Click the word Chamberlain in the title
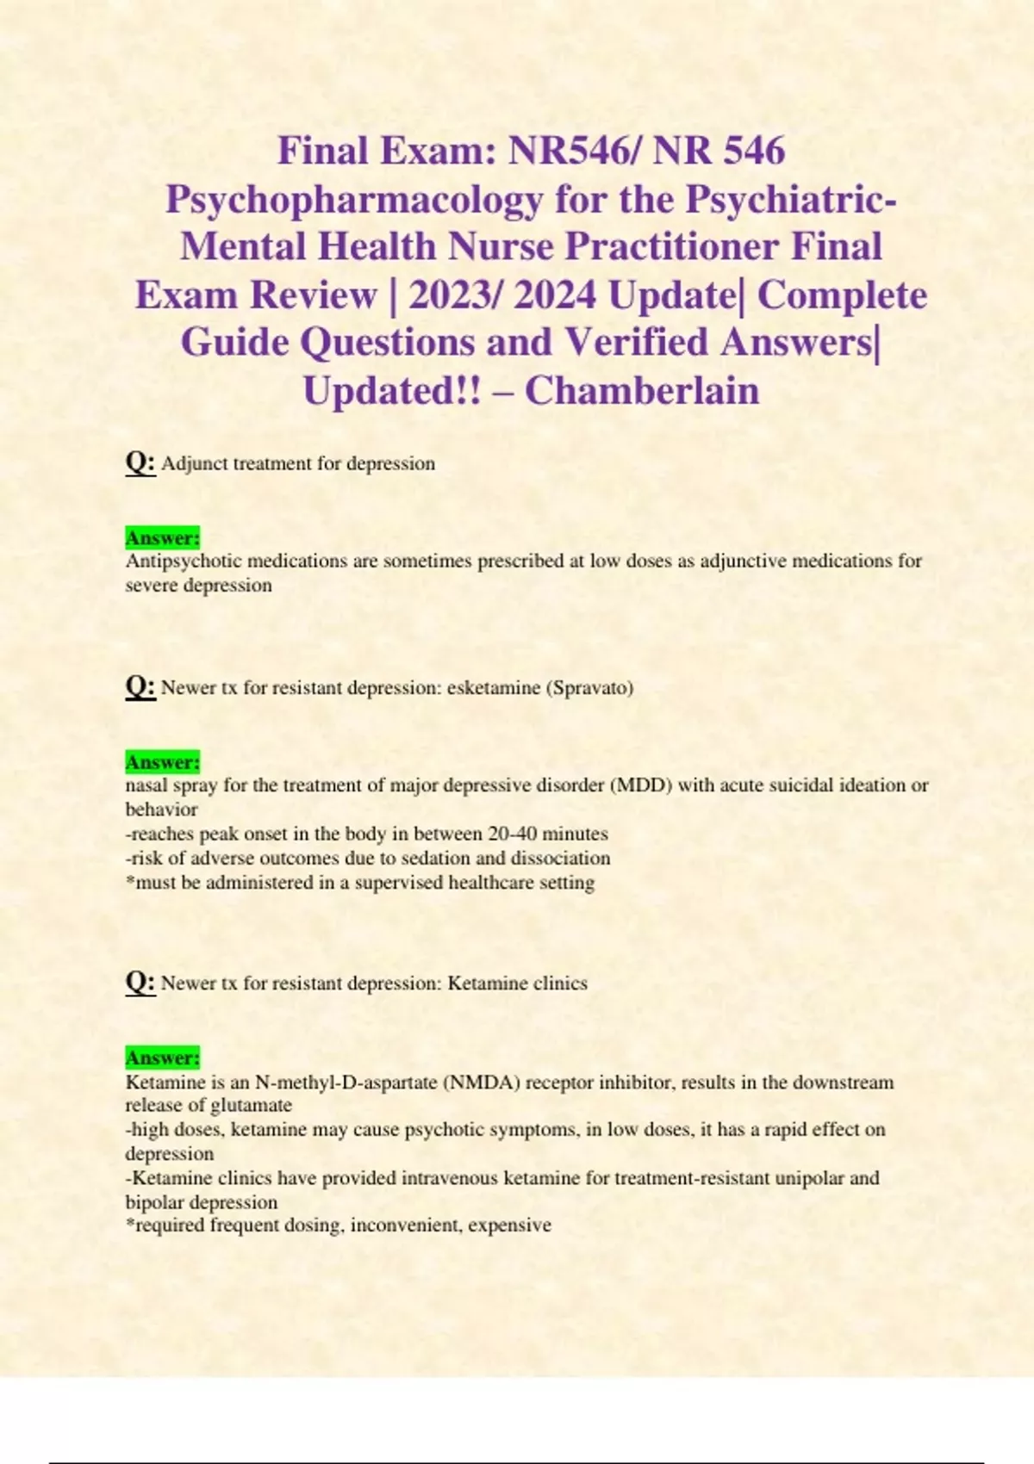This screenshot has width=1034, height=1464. point(642,390)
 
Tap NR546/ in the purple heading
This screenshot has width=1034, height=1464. point(575,151)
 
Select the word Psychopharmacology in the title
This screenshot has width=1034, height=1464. point(354,199)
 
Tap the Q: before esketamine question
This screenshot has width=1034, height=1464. point(140,686)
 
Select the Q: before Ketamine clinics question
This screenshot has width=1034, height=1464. point(140,982)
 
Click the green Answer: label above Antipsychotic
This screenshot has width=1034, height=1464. point(163,538)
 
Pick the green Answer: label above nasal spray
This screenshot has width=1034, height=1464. point(163,762)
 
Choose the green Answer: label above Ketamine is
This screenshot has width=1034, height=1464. point(163,1058)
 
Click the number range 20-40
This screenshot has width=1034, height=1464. point(516,834)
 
